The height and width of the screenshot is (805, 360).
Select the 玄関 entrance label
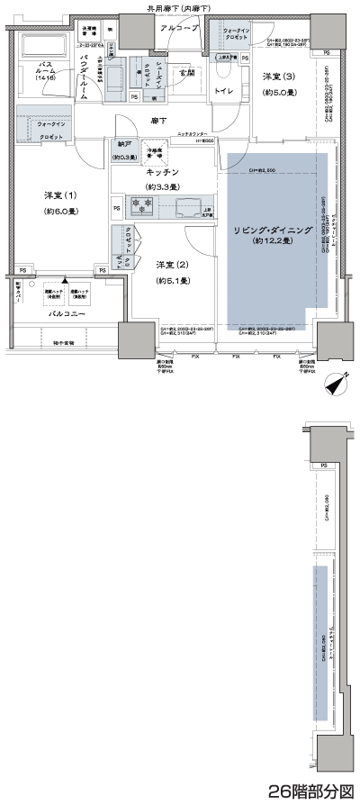[185, 73]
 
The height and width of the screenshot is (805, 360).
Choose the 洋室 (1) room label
[60, 195]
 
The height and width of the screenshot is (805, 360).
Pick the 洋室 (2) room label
[171, 264]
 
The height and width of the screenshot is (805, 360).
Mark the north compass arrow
[334, 382]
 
